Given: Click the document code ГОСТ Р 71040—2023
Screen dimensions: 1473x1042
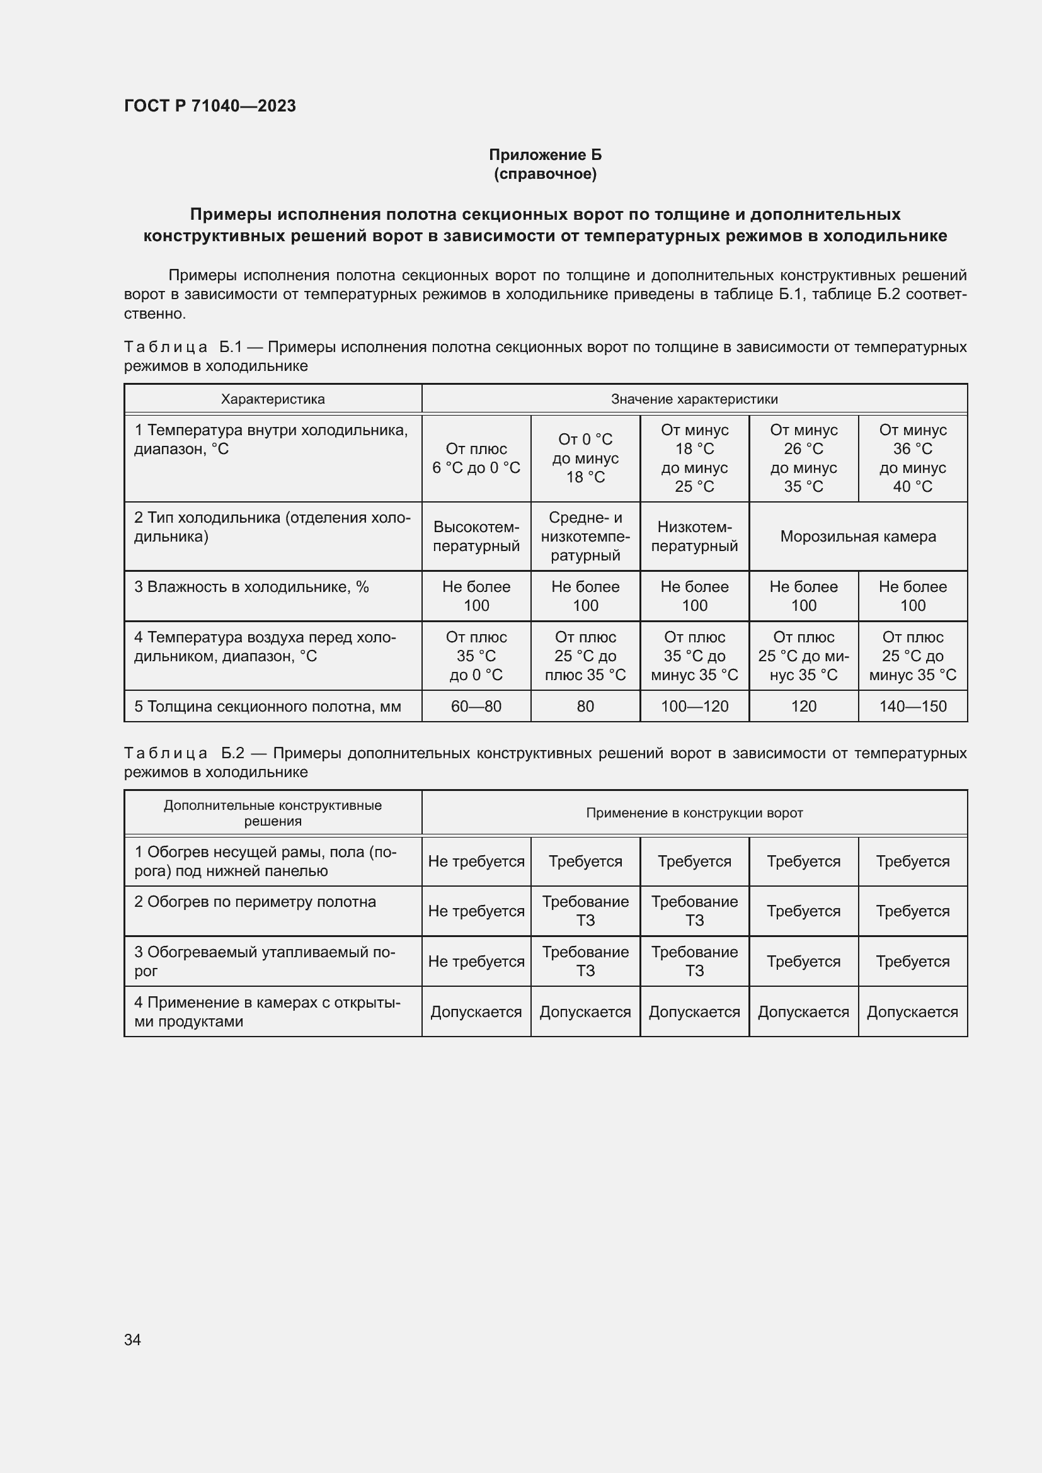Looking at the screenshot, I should (210, 106).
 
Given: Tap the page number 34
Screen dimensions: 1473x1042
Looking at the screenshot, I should (132, 1339).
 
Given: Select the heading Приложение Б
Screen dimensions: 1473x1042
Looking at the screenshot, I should (545, 155).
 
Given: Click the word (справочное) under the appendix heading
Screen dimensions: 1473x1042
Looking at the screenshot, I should (545, 174).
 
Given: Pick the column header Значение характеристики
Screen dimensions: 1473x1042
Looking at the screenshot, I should (694, 399).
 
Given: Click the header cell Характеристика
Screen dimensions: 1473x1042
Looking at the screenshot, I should (273, 399).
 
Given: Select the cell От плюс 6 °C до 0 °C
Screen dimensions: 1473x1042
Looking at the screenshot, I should (476, 458).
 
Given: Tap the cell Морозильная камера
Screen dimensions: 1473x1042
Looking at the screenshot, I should (857, 537).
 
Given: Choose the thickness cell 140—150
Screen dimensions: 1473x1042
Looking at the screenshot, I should (912, 707).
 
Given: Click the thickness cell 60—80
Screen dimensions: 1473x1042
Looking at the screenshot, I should (476, 707).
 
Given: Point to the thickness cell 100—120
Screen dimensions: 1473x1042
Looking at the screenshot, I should (694, 707).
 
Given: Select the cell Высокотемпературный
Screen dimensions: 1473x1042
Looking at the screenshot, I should (476, 537).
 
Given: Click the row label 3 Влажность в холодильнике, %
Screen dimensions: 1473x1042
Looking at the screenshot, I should (251, 587).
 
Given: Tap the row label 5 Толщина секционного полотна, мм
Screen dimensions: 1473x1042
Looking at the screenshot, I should (268, 707).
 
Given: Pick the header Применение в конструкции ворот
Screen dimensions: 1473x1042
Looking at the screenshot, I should (694, 813).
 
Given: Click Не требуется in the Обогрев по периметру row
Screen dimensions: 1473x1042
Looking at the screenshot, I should (476, 911).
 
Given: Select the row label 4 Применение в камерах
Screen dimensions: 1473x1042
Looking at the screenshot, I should (267, 1012).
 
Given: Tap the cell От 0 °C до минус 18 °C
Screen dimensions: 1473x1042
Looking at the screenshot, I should (585, 458).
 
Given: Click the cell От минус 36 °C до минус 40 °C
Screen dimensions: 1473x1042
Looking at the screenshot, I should (912, 458).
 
